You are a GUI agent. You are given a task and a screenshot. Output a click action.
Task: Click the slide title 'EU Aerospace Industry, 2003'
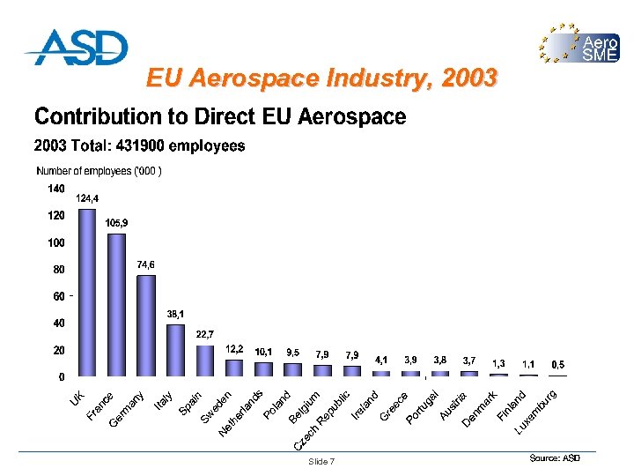(x=321, y=79)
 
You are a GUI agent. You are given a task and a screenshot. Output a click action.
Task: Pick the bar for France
(x=116, y=305)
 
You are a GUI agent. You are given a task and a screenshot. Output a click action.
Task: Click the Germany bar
(x=146, y=326)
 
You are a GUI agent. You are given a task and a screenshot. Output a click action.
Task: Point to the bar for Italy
(x=175, y=351)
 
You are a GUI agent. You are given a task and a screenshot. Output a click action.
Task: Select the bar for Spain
(x=204, y=361)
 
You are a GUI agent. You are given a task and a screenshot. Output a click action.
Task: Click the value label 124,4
(x=87, y=198)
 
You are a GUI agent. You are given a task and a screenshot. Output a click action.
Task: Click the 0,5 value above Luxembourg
(x=558, y=364)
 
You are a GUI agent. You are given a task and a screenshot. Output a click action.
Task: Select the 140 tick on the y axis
(x=55, y=189)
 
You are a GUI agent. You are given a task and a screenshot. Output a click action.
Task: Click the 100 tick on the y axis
(x=55, y=242)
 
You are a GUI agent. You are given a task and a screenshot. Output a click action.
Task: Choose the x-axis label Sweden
(x=217, y=406)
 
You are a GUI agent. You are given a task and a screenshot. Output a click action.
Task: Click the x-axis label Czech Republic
(x=323, y=417)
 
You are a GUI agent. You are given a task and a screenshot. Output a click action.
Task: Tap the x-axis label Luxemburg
(x=536, y=411)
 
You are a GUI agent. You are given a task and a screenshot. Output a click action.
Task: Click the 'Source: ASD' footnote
(x=555, y=458)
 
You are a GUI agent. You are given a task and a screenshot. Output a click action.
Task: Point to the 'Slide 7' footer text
(x=321, y=462)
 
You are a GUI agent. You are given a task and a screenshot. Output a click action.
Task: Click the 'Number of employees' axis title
(x=99, y=170)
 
